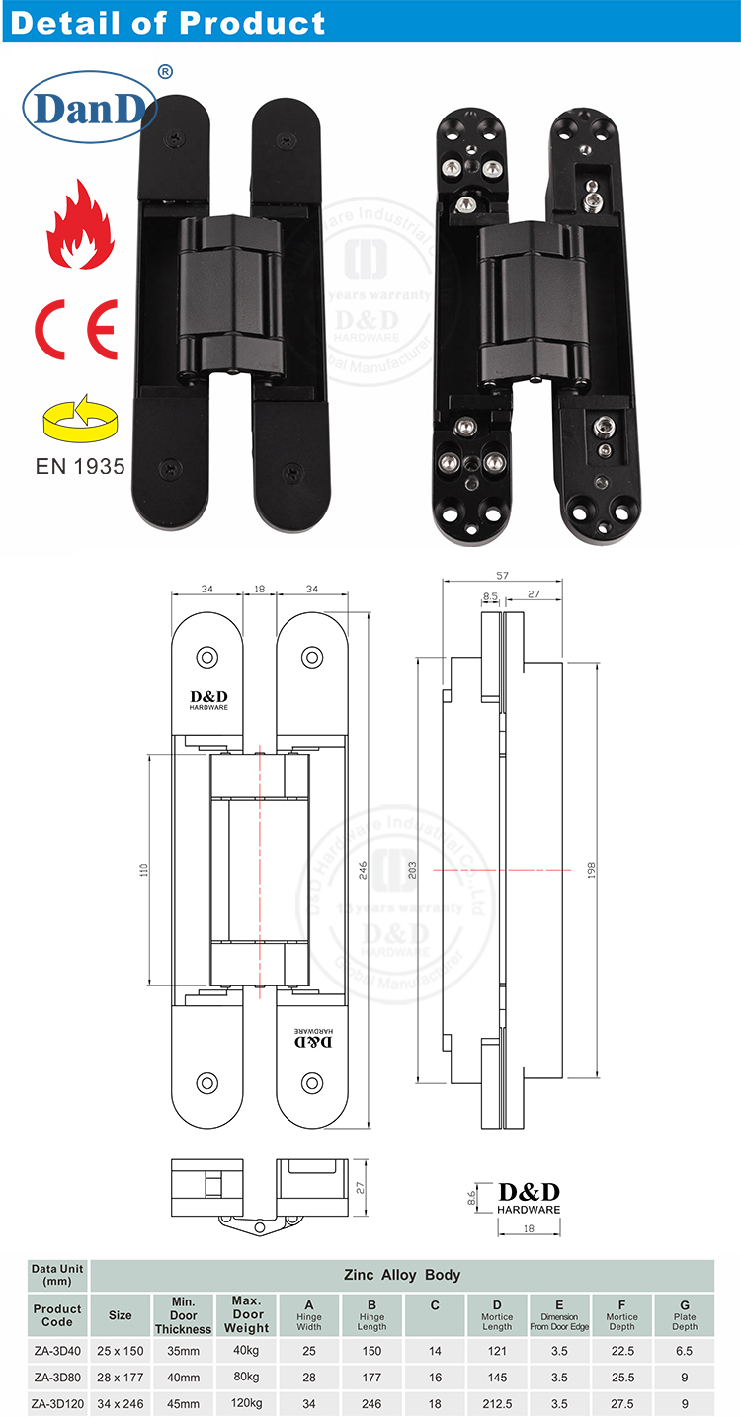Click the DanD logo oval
pyautogui.click(x=90, y=108)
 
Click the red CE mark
pyautogui.click(x=77, y=328)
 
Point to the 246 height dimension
pyautogui.click(x=363, y=870)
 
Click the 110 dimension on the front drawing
pyautogui.click(x=143, y=870)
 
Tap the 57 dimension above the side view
pyautogui.click(x=501, y=574)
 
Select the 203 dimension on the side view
pyautogui.click(x=412, y=870)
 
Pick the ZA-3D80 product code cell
pyautogui.click(x=57, y=1377)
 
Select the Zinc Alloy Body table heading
pyautogui.click(x=401, y=1275)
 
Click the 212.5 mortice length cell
pyautogui.click(x=497, y=1403)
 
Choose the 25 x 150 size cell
pyautogui.click(x=120, y=1349)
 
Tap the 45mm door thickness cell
pyautogui.click(x=183, y=1403)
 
